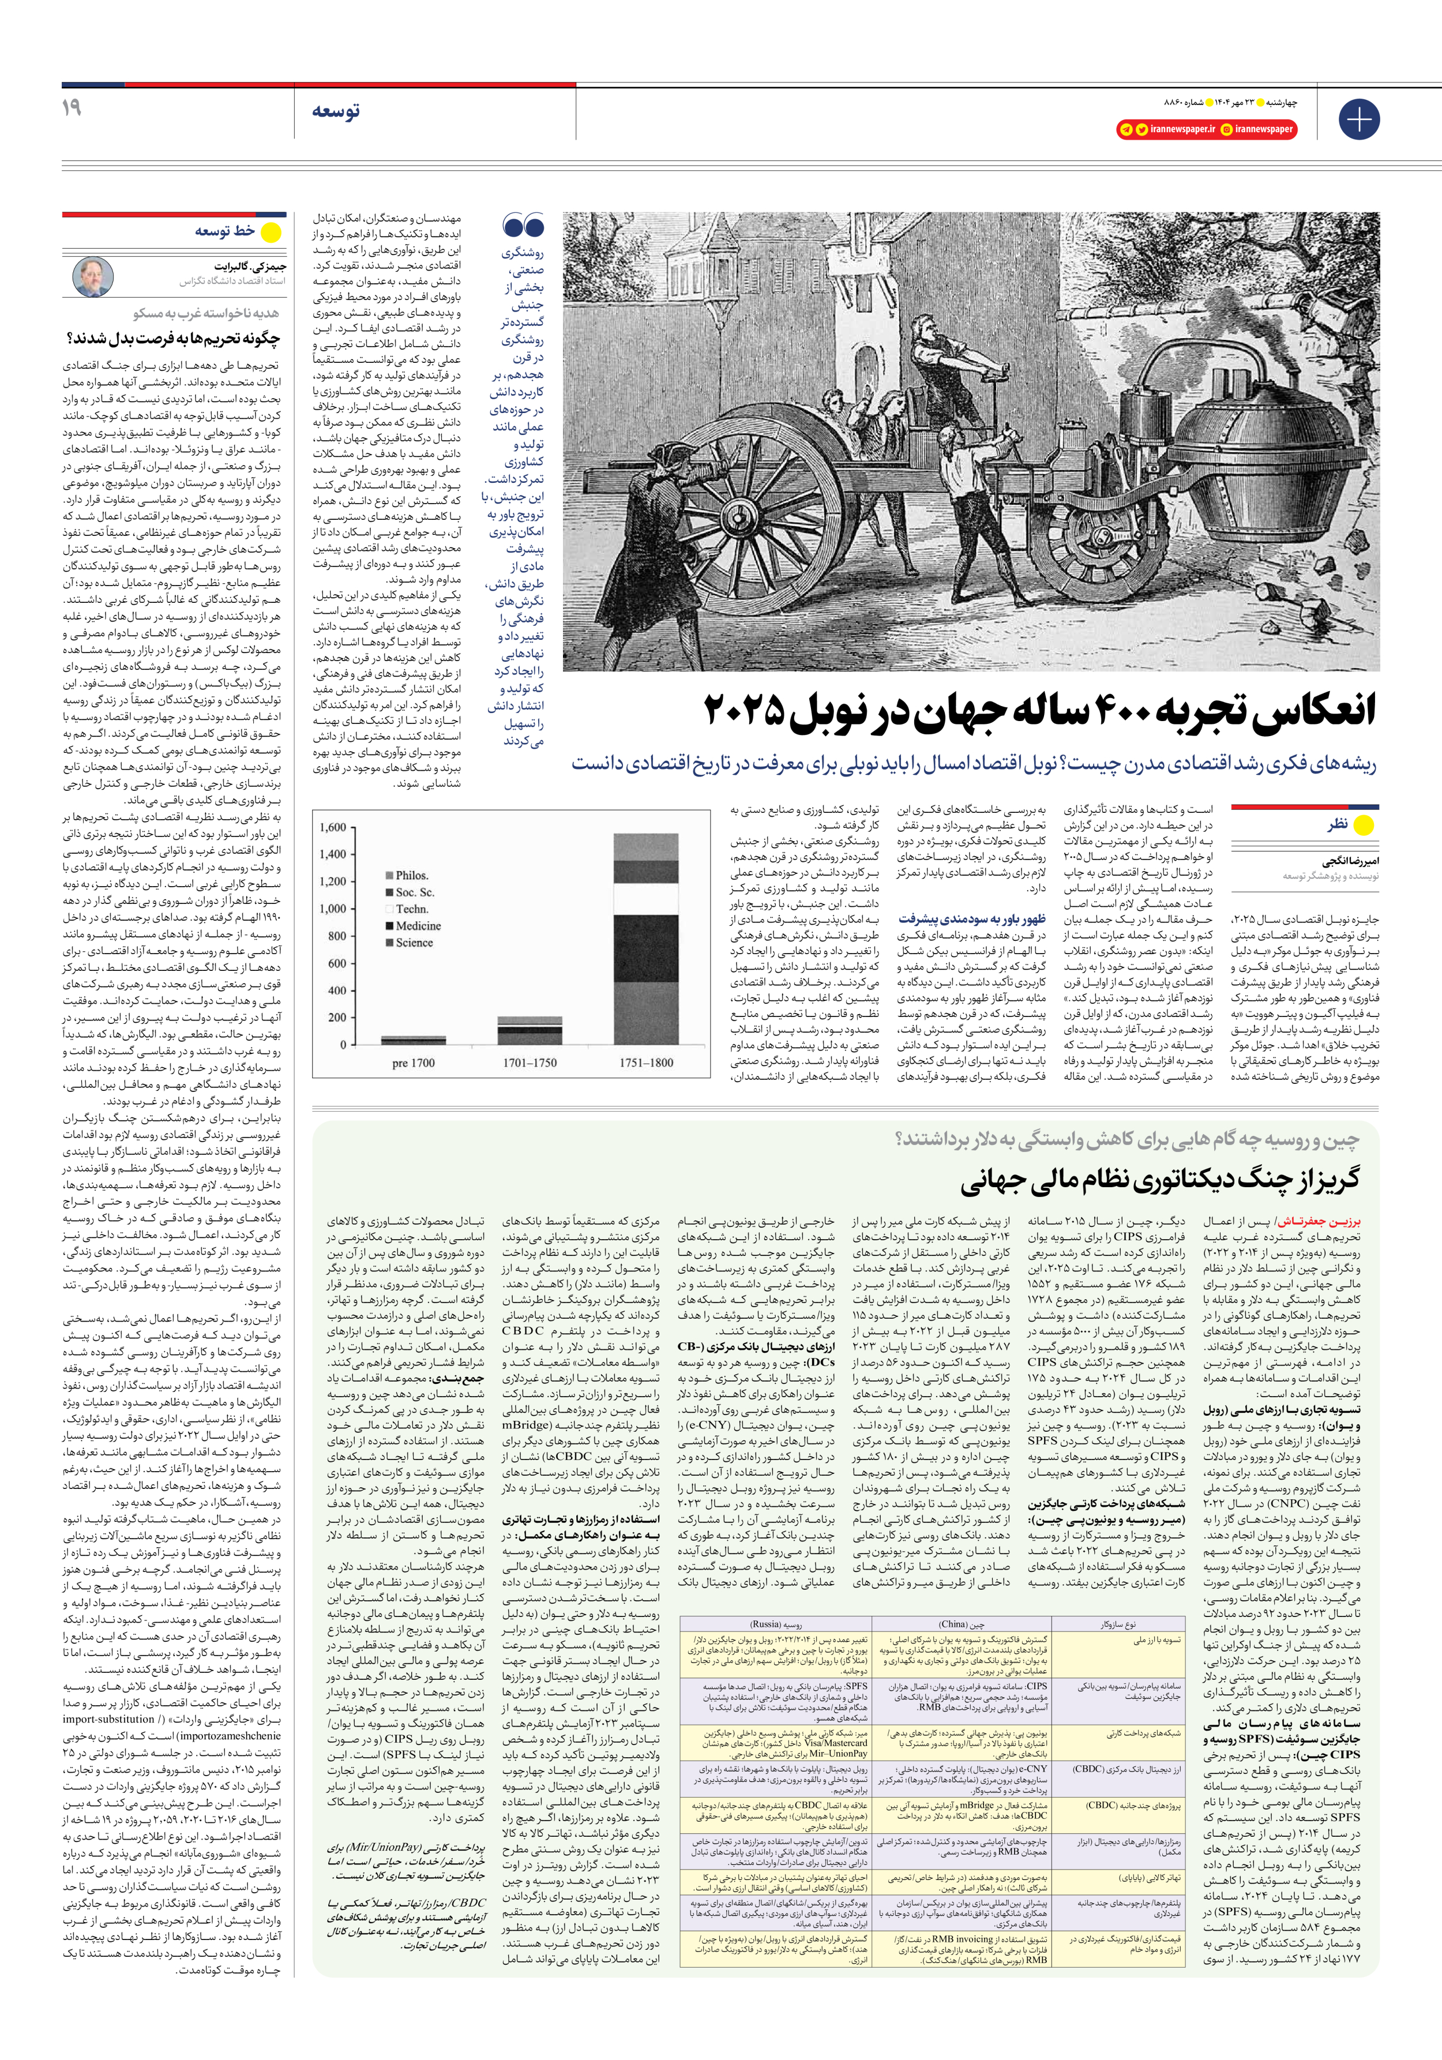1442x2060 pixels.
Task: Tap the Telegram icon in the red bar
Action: (1125, 129)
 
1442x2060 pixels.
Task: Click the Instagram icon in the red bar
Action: (1225, 129)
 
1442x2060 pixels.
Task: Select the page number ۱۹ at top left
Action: (72, 108)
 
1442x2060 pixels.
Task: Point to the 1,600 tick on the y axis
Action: (333, 827)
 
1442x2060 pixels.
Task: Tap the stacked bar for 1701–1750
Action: (530, 1030)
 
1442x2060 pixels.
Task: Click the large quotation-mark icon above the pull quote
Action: (524, 227)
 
